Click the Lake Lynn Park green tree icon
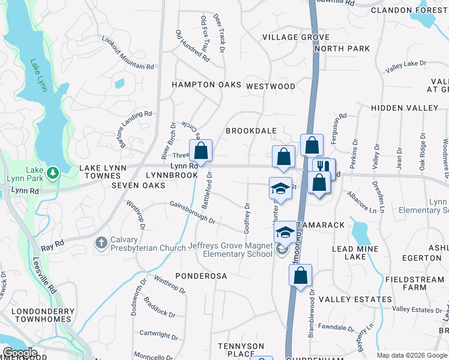click(54, 173)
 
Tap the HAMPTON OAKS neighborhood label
click(206, 85)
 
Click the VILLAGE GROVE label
click(288, 37)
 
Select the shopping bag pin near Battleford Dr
click(201, 151)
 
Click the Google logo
click(20, 353)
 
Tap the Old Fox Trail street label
click(205, 40)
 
